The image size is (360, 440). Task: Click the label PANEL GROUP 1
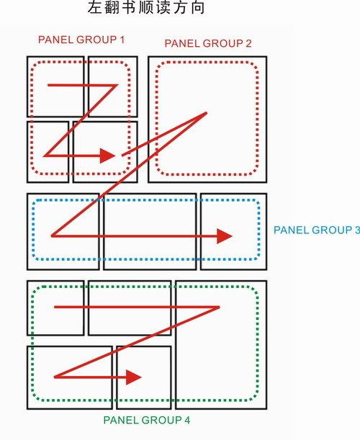[x=81, y=40]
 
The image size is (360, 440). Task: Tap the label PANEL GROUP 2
[x=208, y=43]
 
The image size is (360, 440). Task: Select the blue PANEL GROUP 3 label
[x=317, y=230]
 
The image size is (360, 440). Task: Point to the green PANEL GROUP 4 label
[x=147, y=420]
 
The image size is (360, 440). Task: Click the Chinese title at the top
[x=146, y=8]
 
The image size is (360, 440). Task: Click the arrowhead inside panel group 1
[x=108, y=156]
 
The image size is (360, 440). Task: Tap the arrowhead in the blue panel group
[x=225, y=236]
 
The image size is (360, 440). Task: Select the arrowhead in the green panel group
[x=134, y=377]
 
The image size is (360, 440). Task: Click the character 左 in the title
[x=94, y=8]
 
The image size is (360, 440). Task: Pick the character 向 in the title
[x=198, y=8]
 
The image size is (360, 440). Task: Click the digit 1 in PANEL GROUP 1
[x=122, y=40]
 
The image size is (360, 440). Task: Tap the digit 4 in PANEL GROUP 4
[x=187, y=420]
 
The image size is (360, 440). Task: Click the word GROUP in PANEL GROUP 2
[x=223, y=43]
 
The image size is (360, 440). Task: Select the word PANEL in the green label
[x=121, y=420]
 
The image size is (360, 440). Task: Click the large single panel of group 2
[x=207, y=120]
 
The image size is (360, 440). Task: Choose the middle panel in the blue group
[x=150, y=231]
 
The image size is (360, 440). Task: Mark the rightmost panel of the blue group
[x=234, y=231]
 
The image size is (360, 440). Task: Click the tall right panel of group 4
[x=221, y=345]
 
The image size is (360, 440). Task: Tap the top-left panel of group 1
[x=55, y=86]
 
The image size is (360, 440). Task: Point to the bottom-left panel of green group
[x=70, y=377]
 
